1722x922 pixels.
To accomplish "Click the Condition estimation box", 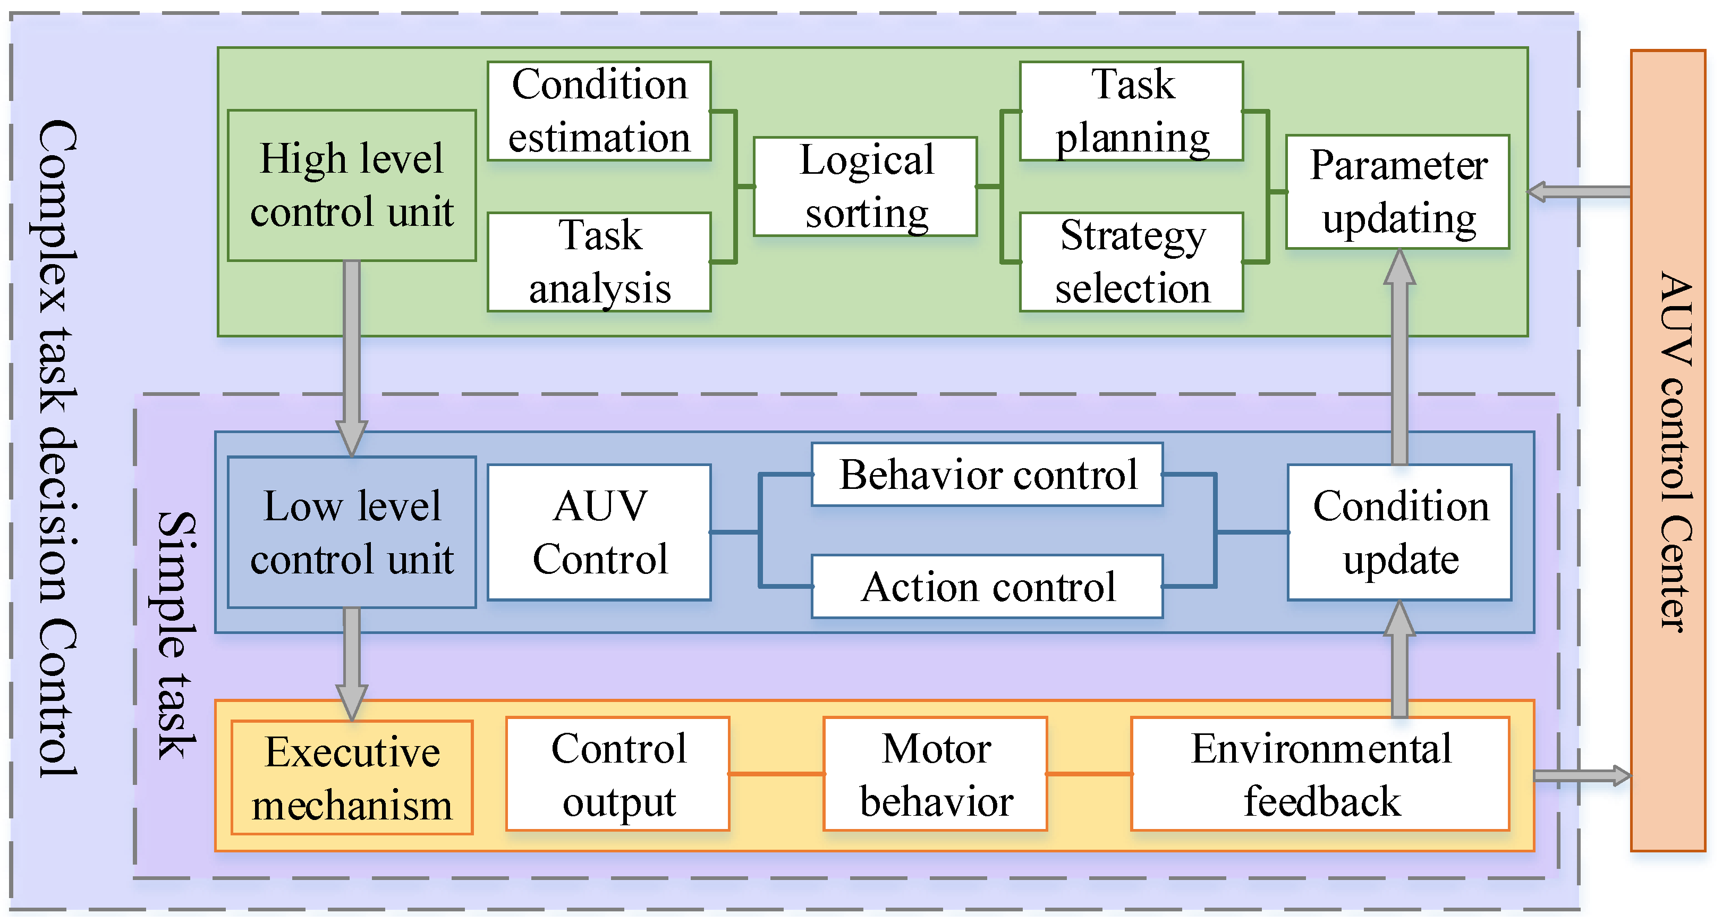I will click(x=599, y=111).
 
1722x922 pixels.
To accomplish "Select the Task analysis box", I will click(x=599, y=261).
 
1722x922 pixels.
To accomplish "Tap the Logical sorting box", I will click(x=866, y=187).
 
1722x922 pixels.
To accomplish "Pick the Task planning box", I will click(x=1132, y=111).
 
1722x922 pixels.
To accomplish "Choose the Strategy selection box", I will click(x=1132, y=261).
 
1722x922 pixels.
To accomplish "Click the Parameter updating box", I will click(x=1398, y=192).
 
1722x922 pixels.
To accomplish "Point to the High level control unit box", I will click(x=352, y=185).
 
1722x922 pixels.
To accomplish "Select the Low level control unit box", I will click(x=352, y=532).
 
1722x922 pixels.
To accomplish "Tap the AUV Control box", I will click(x=599, y=532).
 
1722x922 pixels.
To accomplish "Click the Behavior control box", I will click(x=987, y=474).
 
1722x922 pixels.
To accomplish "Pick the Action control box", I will click(x=987, y=586).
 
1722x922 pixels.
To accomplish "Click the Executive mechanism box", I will click(x=352, y=777).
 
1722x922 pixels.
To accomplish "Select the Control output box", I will click(x=618, y=774).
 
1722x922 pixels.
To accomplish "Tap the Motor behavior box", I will click(x=935, y=774).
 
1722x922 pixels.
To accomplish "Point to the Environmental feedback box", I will click(x=1320, y=774).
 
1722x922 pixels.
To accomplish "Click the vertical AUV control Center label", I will click(x=1675, y=451).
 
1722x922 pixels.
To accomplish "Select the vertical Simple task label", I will click(x=176, y=635).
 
